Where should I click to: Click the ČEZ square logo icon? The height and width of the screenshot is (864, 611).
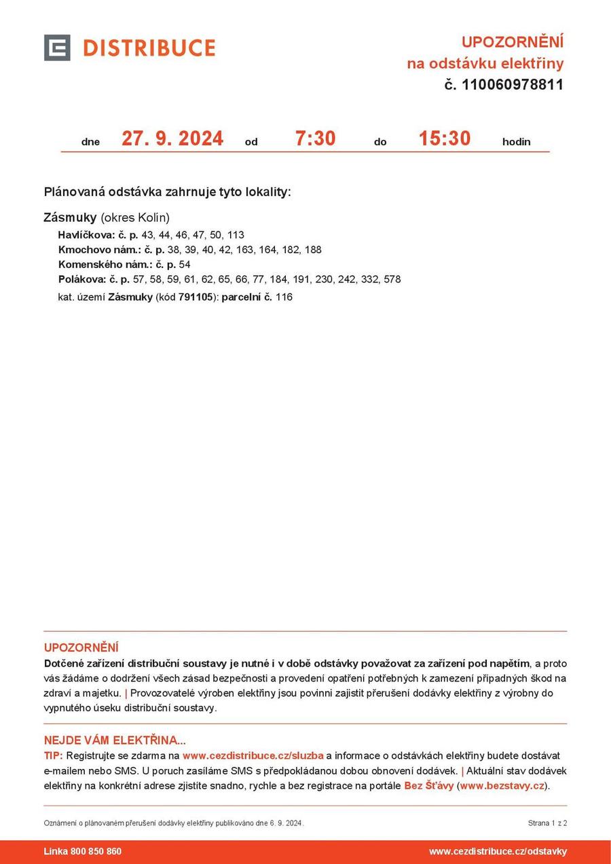pyautogui.click(x=57, y=48)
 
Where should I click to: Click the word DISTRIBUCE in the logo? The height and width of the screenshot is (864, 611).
pyautogui.click(x=149, y=48)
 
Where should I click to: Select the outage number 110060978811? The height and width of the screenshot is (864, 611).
pyautogui.click(x=513, y=85)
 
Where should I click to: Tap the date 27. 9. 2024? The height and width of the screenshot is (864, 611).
pyautogui.click(x=172, y=138)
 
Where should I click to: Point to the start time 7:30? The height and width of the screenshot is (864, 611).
pyautogui.click(x=315, y=138)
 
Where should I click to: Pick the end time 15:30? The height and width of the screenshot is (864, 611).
pyautogui.click(x=444, y=138)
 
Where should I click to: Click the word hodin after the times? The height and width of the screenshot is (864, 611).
pyautogui.click(x=516, y=142)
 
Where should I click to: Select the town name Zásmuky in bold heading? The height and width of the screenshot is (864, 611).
pyautogui.click(x=70, y=218)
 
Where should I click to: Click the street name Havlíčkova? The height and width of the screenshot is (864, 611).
pyautogui.click(x=82, y=235)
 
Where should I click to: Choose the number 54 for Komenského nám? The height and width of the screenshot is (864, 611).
pyautogui.click(x=185, y=265)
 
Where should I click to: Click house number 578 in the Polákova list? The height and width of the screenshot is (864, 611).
pyautogui.click(x=392, y=279)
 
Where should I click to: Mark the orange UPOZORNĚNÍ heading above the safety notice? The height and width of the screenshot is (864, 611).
pyautogui.click(x=81, y=647)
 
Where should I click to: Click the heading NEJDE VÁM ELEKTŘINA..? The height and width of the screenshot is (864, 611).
pyautogui.click(x=115, y=740)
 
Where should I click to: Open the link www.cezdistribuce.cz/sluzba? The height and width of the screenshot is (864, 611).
pyautogui.click(x=253, y=755)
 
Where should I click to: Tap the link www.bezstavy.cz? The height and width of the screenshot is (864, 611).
pyautogui.click(x=502, y=786)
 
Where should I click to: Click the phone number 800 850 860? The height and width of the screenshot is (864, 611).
pyautogui.click(x=96, y=851)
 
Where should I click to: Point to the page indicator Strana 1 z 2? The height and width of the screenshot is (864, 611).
pyautogui.click(x=547, y=823)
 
